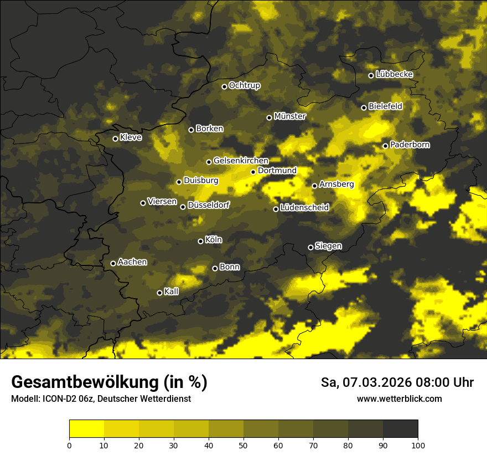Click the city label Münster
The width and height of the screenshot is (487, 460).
click(289, 116)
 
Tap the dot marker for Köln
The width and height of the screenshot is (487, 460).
click(200, 241)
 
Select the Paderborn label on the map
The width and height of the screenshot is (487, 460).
click(410, 145)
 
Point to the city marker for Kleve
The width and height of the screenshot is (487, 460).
click(115, 139)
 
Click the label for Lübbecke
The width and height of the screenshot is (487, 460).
click(394, 74)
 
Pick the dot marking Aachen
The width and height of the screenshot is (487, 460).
click(113, 263)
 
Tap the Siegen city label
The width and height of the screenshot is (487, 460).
click(328, 246)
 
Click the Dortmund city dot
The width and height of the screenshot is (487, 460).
click(253, 172)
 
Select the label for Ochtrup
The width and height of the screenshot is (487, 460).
click(244, 85)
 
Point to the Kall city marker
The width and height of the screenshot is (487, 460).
click(159, 293)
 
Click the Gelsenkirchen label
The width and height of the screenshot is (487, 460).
click(241, 161)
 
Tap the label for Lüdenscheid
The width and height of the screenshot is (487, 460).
click(304, 208)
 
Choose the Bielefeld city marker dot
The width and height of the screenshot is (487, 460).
click(364, 108)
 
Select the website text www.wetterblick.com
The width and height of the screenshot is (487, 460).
click(399, 399)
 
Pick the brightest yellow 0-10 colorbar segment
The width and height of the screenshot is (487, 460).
click(86, 429)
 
